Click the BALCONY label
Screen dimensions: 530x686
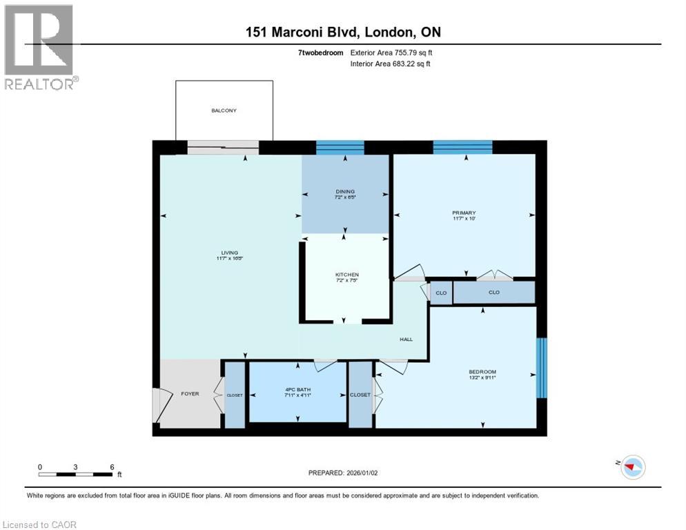click(224, 110)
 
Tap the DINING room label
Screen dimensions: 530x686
click(345, 192)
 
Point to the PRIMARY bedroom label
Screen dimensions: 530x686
click(464, 213)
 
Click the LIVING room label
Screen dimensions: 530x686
click(230, 253)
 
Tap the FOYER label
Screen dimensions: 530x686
click(190, 394)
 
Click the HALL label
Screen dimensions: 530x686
click(406, 340)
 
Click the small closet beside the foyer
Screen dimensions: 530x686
click(235, 395)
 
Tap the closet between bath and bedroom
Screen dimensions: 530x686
click(360, 395)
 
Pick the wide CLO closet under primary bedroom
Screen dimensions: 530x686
click(493, 293)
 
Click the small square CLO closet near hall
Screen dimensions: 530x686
click(440, 293)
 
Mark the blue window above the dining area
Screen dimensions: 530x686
click(340, 147)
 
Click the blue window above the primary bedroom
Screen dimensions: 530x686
click(462, 147)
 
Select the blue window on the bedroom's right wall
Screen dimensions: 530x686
click(542, 367)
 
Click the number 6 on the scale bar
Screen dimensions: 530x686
click(112, 467)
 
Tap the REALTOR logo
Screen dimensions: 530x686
click(39, 47)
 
